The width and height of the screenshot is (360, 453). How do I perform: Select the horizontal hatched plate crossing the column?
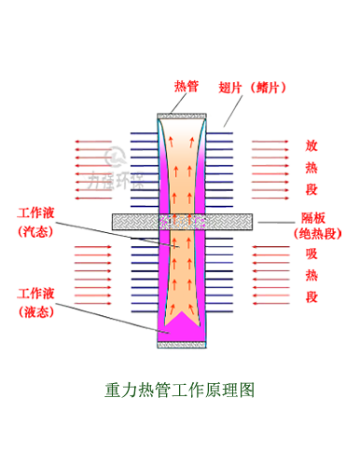(x=140, y=222)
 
